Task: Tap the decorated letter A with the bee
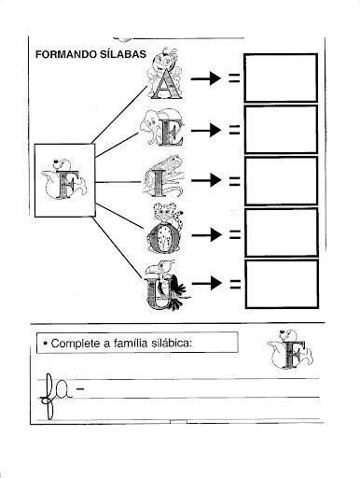point(164,74)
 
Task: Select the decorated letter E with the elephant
point(162,128)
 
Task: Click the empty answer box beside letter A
point(281,77)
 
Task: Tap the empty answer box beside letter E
point(281,130)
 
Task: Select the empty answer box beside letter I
point(282,181)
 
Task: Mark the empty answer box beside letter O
point(282,232)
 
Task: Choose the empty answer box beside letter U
point(282,284)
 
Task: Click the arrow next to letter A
point(206,78)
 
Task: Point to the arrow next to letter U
point(207,283)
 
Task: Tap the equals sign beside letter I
point(235,181)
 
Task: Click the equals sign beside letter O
point(235,234)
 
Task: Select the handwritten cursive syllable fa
point(57,395)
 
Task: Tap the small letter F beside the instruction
point(290,350)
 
